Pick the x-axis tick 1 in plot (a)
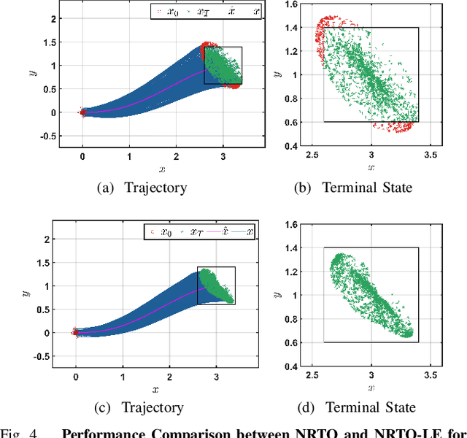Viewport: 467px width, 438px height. click(x=129, y=156)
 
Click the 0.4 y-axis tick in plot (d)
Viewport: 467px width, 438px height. click(x=290, y=366)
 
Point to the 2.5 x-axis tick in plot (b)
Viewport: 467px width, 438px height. click(x=313, y=156)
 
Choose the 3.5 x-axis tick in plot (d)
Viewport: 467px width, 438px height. click(x=431, y=375)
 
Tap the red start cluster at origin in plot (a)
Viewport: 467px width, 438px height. click(x=82, y=112)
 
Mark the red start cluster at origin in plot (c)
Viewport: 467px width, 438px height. click(x=76, y=332)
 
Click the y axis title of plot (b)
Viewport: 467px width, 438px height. click(x=278, y=74)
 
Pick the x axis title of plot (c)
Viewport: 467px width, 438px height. click(x=154, y=389)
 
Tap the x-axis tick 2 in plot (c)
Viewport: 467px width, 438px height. click(x=169, y=375)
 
